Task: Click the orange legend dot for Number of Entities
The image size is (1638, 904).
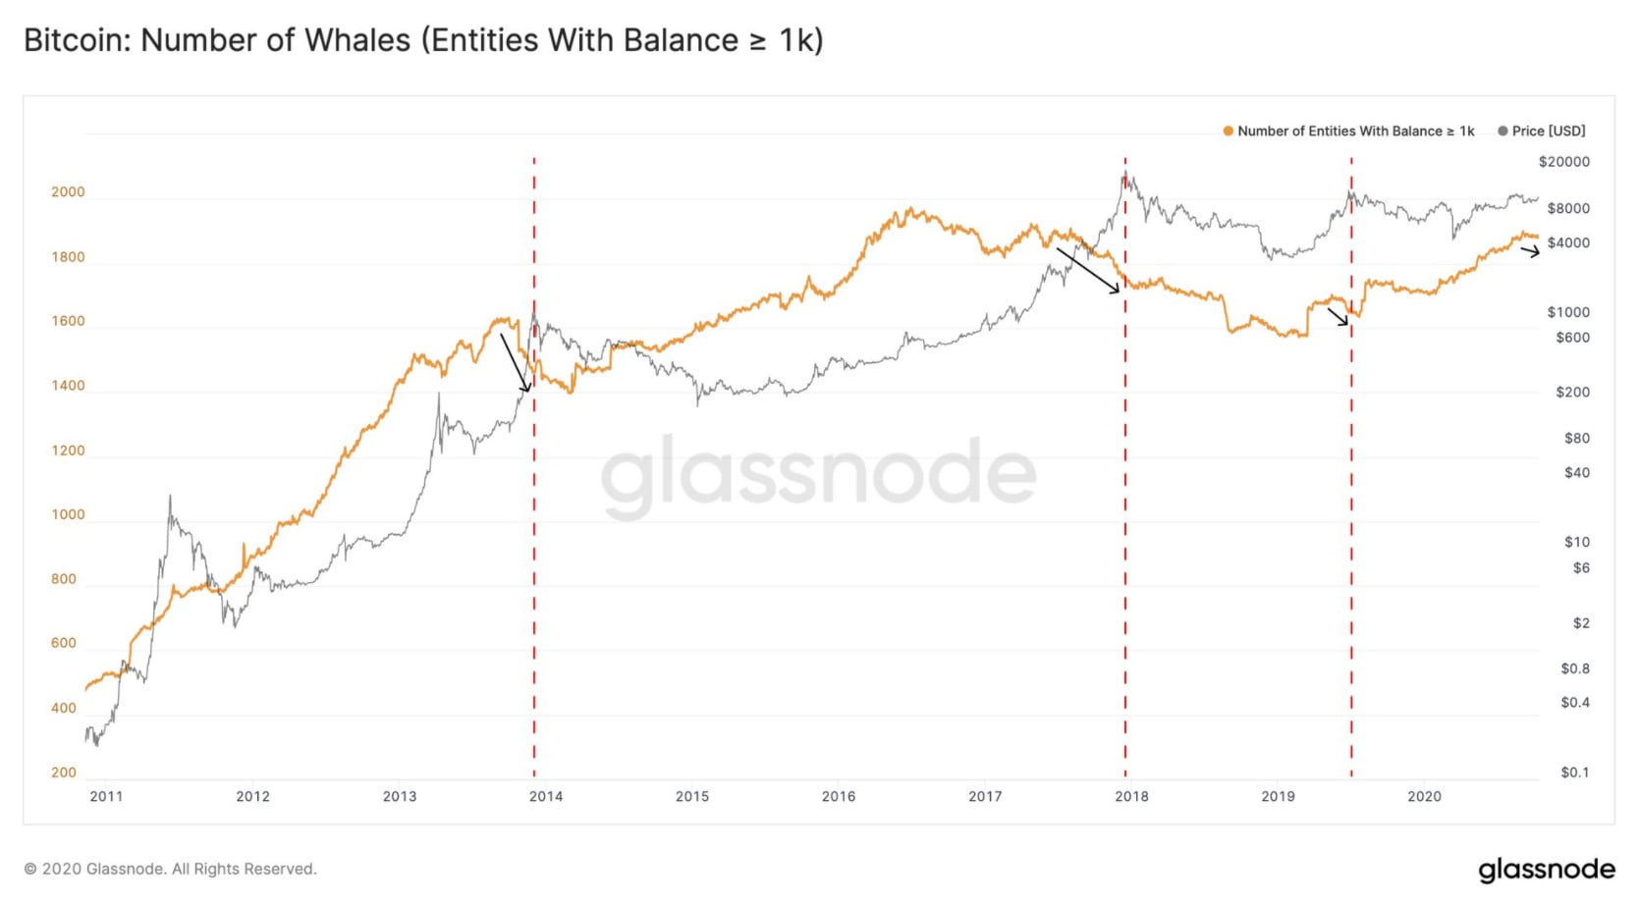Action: [1228, 131]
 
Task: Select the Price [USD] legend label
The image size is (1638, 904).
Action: [1549, 131]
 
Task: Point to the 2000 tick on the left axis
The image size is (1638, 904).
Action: [68, 192]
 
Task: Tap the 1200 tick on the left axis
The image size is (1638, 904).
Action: [68, 451]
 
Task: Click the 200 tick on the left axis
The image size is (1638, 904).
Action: [64, 772]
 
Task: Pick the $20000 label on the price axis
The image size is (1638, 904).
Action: [1563, 162]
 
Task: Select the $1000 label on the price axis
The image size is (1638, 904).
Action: [1568, 312]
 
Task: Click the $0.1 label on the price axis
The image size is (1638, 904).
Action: [1574, 772]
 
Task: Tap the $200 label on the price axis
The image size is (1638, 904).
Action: [1572, 392]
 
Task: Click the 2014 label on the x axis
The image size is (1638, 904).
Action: [546, 796]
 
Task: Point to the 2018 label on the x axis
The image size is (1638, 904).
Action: [1131, 796]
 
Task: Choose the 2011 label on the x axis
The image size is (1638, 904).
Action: [106, 796]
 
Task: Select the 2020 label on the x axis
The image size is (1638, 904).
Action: [1424, 796]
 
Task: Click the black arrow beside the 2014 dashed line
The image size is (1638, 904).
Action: [515, 362]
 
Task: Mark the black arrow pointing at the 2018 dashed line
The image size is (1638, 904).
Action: [1088, 271]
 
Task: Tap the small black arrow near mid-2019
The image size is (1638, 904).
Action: [1338, 317]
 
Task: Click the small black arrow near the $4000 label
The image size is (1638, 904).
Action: [1530, 252]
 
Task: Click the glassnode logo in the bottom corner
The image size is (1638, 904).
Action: [1546, 870]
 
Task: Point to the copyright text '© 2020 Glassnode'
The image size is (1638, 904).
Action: [170, 870]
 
